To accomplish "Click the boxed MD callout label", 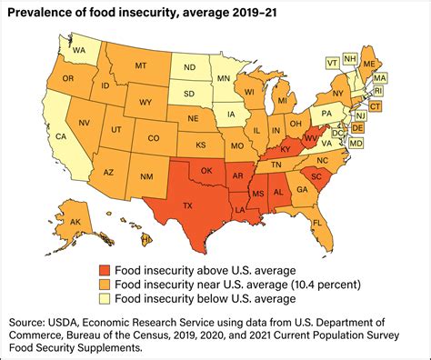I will tap(356, 144).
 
